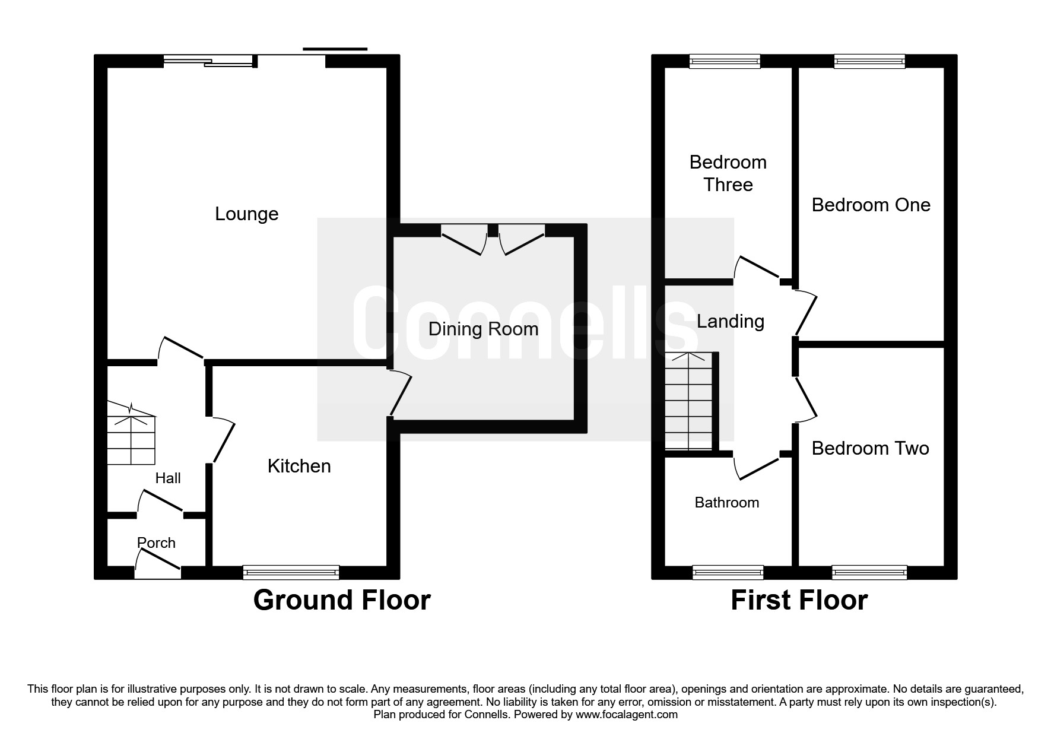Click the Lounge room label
click(246, 214)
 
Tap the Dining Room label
click(483, 329)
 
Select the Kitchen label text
click(299, 466)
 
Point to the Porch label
click(156, 543)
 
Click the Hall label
click(168, 478)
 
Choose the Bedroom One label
click(871, 205)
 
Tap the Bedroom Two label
click(870, 448)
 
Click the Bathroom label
click(727, 503)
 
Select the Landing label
click(730, 321)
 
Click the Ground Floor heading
click(342, 600)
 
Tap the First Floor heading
click(799, 600)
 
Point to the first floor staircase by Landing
click(688, 401)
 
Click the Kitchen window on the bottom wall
click(291, 572)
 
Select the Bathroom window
click(728, 572)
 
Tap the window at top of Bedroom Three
click(725, 61)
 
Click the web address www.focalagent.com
click(627, 715)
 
